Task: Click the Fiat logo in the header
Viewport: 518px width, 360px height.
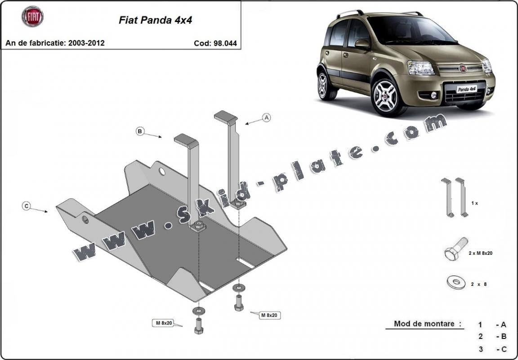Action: [x=32, y=17]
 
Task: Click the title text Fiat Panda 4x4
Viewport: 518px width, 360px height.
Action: [x=155, y=20]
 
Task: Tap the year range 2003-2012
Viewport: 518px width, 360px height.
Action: [x=86, y=43]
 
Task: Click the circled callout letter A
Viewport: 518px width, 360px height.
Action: [x=266, y=118]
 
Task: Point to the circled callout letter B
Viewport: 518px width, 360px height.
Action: [x=140, y=131]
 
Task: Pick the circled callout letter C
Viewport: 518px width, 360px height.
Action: [x=27, y=206]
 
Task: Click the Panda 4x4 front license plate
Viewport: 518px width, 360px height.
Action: [x=467, y=89]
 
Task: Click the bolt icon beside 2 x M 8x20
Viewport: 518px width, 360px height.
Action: [x=455, y=249]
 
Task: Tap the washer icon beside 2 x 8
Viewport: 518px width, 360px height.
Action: [x=456, y=282]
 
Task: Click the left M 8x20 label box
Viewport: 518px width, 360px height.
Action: [x=165, y=322]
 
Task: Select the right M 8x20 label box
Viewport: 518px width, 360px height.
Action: [x=269, y=315]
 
